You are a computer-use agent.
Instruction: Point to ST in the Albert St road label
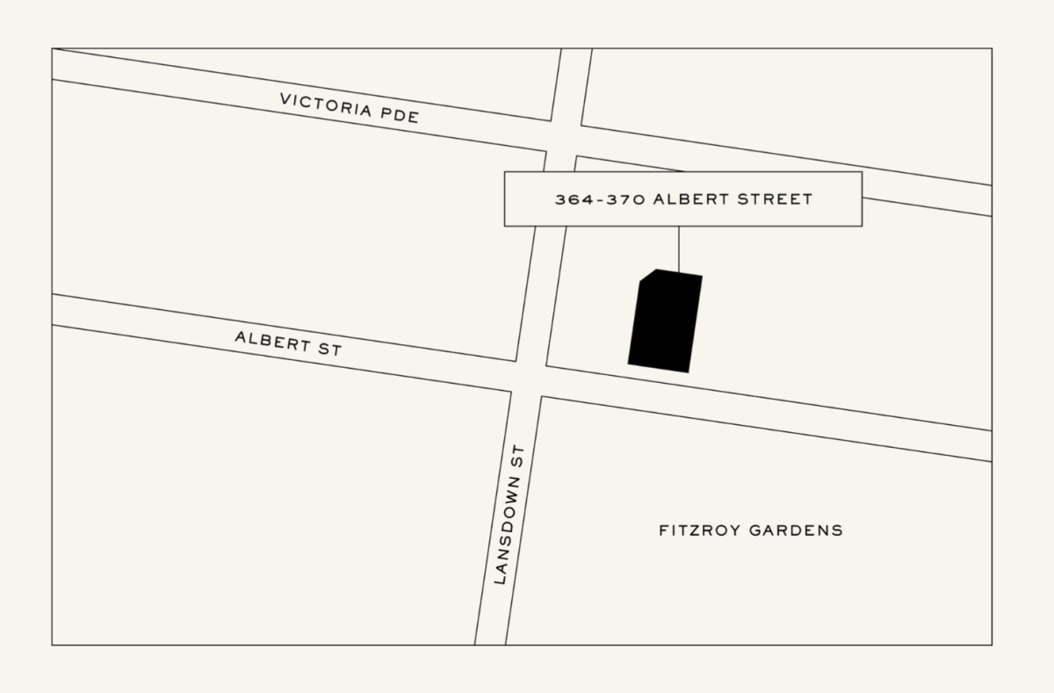(328, 349)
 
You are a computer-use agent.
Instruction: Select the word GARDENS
(796, 531)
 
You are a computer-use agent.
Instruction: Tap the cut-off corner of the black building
(647, 276)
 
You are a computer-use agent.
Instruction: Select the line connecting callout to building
(678, 249)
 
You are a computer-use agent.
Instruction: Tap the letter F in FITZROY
(663, 531)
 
